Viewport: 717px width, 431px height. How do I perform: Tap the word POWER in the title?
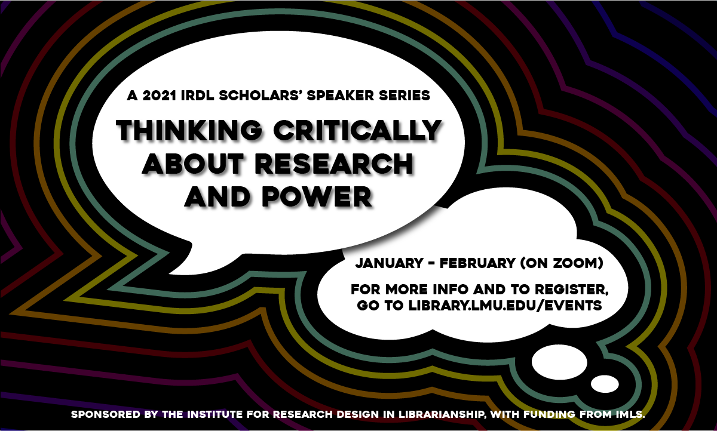coord(317,196)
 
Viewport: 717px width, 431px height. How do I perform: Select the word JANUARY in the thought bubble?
coord(390,263)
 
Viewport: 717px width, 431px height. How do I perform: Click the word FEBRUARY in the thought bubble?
coord(477,263)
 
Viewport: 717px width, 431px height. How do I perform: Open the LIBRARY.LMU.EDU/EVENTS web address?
coord(505,306)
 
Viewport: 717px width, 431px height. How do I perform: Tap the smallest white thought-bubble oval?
coord(605,384)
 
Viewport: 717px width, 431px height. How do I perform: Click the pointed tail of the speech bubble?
coord(170,273)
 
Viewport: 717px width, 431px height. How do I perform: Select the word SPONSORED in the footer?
coord(106,415)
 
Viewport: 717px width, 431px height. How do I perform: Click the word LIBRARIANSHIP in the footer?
coord(441,415)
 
